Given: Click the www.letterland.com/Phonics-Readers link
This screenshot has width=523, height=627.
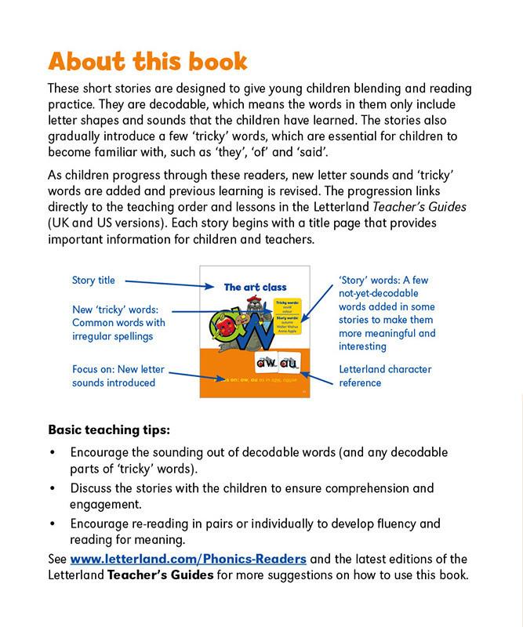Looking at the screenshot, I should click(x=187, y=559).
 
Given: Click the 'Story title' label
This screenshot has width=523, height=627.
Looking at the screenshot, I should click(x=93, y=281).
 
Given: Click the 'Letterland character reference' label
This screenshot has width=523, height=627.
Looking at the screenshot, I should click(x=385, y=375).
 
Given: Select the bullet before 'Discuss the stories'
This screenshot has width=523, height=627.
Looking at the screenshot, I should click(x=52, y=488).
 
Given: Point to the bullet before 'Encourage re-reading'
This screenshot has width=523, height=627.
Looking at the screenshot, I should click(x=52, y=524).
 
